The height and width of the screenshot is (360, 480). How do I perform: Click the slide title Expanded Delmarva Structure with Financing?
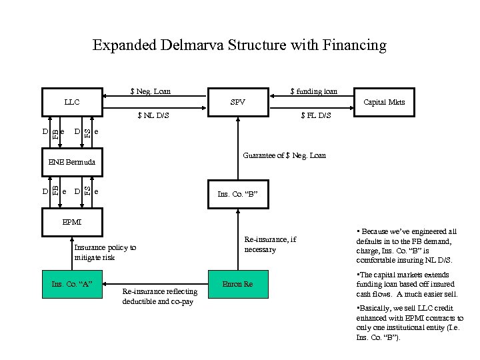click(239, 45)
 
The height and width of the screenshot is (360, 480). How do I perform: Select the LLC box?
click(72, 102)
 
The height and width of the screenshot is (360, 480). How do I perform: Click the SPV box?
click(237, 102)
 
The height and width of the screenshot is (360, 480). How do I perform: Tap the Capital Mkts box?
click(383, 102)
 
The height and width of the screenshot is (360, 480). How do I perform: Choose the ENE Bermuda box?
click(72, 162)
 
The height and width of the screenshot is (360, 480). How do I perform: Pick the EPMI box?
click(72, 221)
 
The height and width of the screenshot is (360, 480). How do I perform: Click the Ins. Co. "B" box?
click(237, 194)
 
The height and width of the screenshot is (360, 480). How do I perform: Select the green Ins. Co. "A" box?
click(71, 285)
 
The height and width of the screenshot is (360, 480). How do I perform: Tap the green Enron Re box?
click(237, 285)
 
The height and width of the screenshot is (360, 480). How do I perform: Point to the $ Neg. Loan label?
click(150, 91)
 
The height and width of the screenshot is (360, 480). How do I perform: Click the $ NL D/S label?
click(153, 115)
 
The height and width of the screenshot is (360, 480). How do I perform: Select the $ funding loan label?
click(313, 91)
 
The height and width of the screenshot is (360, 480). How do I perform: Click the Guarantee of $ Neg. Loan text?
click(285, 155)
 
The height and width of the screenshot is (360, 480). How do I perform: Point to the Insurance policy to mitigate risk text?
click(105, 252)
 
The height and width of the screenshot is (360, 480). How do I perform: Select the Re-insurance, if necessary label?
click(270, 245)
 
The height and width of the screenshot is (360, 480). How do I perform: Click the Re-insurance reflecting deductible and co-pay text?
click(160, 297)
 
